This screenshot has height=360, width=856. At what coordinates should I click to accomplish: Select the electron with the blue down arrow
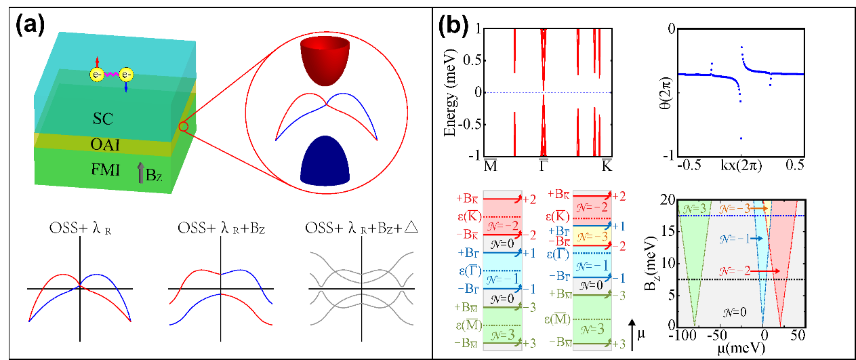coord(126,73)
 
